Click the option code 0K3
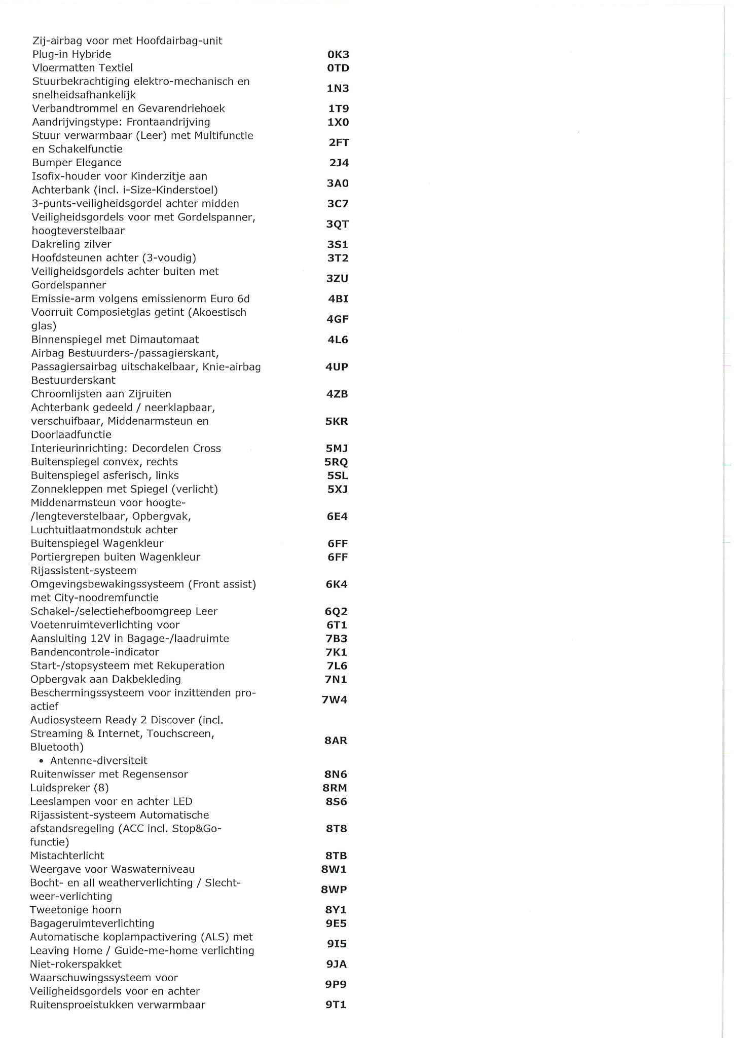338,54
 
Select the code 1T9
338,108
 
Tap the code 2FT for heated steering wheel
338,142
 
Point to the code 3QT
337,224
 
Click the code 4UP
337,366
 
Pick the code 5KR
337,421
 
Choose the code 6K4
337,584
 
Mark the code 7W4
335,700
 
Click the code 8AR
336,740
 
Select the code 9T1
336,1005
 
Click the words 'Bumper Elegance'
77,163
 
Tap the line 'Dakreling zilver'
71,244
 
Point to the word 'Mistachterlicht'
67,856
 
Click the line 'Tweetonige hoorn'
76,910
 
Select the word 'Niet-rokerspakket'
76,964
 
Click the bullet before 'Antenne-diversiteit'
41,761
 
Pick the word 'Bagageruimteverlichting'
92,923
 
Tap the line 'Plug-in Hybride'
71,54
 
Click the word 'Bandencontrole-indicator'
94,652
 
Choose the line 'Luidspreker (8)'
69,788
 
